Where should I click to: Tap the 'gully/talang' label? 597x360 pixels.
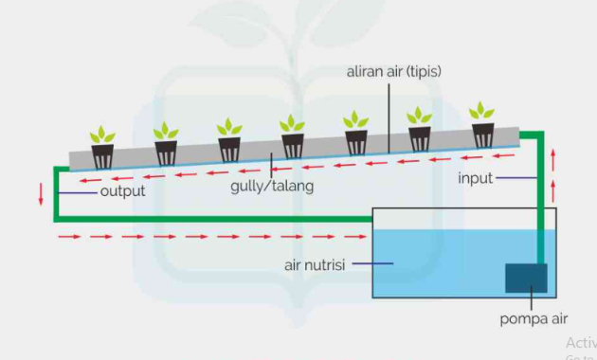(271, 186)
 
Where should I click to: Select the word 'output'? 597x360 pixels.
(122, 191)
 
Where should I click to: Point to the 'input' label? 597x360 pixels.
(475, 178)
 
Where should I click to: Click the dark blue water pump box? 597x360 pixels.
(526, 278)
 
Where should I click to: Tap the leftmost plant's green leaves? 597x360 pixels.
(102, 135)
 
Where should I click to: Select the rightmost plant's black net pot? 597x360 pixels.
(483, 135)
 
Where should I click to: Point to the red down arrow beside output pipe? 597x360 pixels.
(41, 193)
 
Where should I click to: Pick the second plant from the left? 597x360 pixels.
(167, 144)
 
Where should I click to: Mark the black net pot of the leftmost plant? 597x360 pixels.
(102, 155)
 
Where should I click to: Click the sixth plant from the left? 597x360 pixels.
(419, 130)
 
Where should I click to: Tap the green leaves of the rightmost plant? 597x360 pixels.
(482, 112)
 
